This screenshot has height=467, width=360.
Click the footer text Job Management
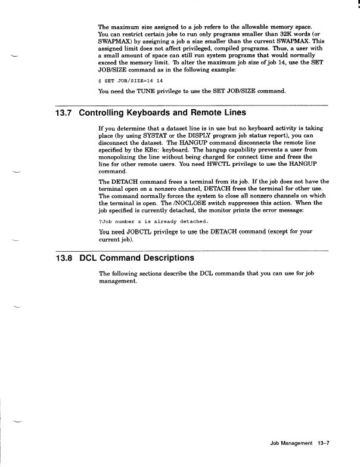coord(291,443)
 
